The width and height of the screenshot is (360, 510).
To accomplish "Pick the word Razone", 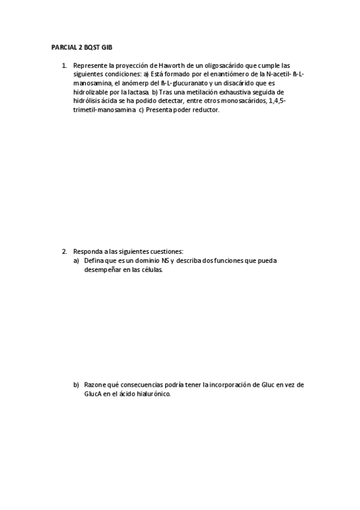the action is click(x=95, y=384).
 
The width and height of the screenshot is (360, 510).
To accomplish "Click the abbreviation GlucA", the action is click(x=94, y=394).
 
